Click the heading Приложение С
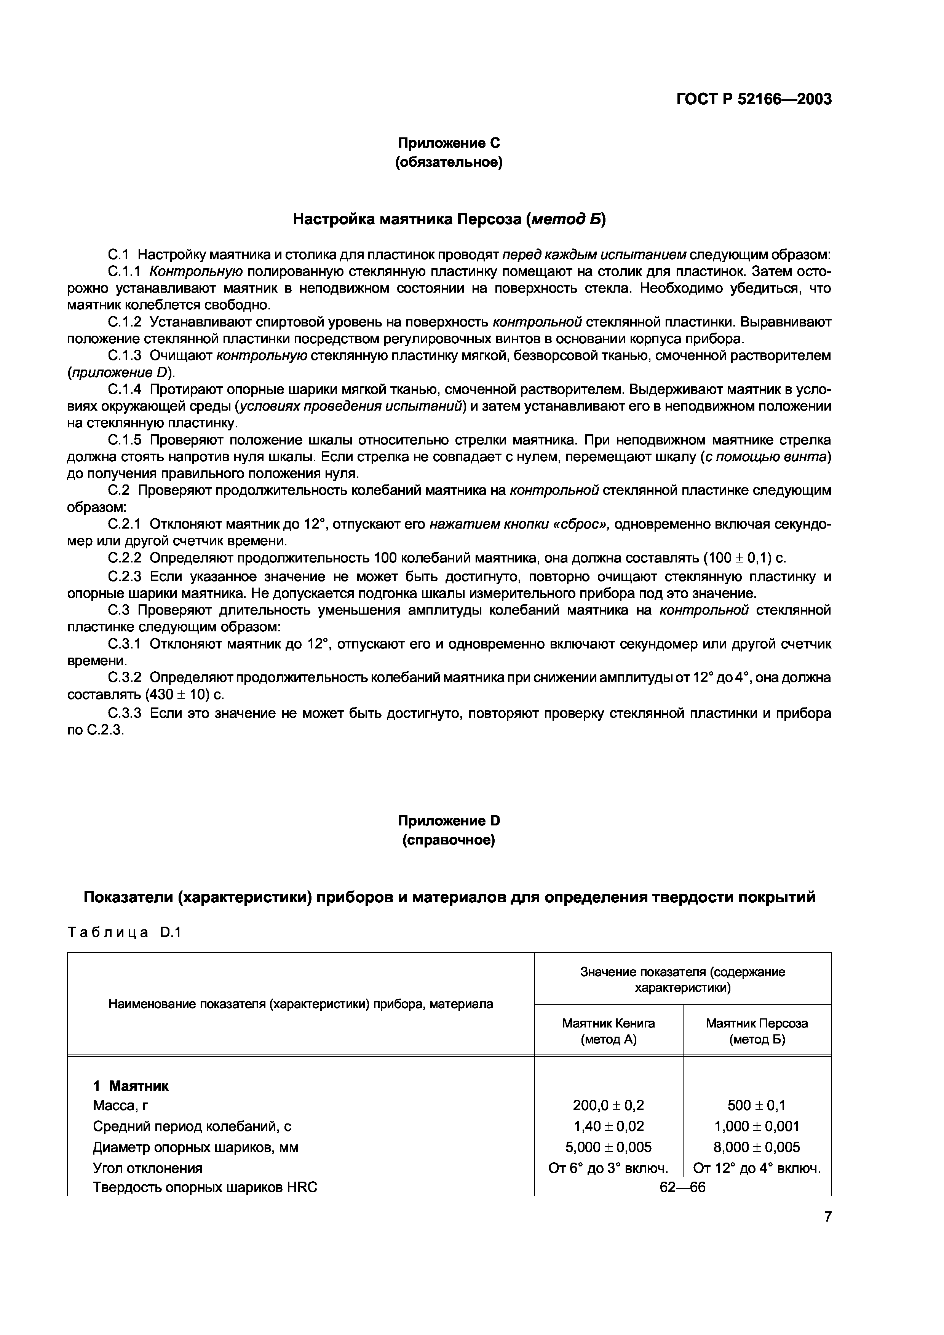[449, 143]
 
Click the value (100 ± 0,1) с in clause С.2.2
[744, 558]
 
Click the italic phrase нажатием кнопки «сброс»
[519, 524]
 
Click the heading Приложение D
[449, 820]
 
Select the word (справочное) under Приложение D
[449, 840]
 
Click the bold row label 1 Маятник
[131, 1086]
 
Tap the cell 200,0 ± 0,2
[609, 1105]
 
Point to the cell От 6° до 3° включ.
[609, 1168]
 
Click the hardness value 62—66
[682, 1187]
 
